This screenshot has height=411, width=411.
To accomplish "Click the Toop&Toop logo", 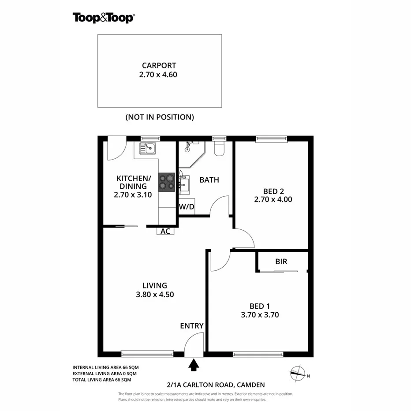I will click(x=103, y=17).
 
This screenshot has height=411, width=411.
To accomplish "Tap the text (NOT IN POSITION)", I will click(x=159, y=117).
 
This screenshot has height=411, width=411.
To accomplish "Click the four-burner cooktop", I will click(x=167, y=182).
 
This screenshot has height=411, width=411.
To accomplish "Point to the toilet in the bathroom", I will click(x=219, y=149).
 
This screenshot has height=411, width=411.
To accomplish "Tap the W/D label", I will click(x=187, y=206).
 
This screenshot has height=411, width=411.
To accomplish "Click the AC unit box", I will click(x=165, y=231).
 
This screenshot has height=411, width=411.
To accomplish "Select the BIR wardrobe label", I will click(x=281, y=262).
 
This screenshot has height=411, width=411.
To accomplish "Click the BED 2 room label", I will click(x=273, y=191).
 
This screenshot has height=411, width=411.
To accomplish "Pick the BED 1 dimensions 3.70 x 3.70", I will click(x=260, y=315).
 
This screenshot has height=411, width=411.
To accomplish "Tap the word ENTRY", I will click(x=192, y=326).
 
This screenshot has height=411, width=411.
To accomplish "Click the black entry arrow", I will click(x=194, y=364).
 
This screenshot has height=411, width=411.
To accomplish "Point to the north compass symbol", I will click(x=299, y=373).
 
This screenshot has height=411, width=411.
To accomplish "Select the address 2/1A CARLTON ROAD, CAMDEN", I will click(x=215, y=385).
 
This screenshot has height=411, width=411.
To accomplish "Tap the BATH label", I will click(x=209, y=180).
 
